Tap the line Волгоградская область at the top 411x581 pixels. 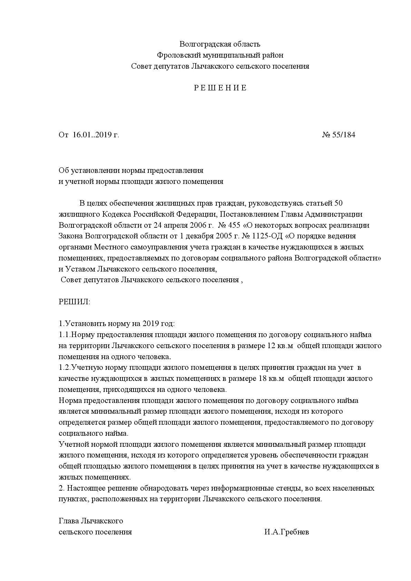[x=220, y=44]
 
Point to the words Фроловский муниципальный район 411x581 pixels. [x=220, y=55]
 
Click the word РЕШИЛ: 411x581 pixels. [x=74, y=302]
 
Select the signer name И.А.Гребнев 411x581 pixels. [x=287, y=532]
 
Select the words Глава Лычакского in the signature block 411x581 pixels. [x=91, y=521]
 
